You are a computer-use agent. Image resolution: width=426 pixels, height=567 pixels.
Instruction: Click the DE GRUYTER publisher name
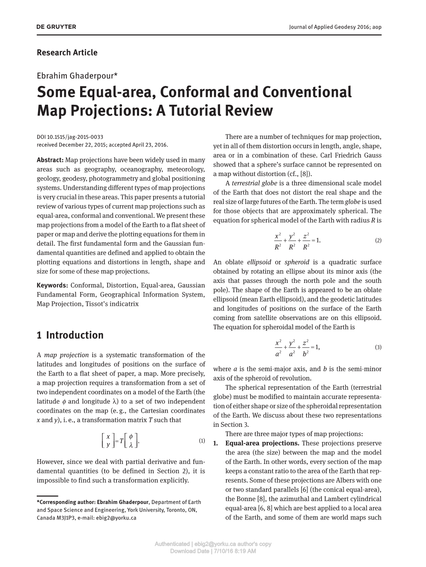pos(56,27)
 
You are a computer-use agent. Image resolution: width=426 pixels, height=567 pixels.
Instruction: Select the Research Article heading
pos(67,53)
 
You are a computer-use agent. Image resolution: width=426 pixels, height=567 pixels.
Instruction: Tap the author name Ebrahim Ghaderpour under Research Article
pos(78,76)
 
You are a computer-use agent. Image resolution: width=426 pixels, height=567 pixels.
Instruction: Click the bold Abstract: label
pos(50,160)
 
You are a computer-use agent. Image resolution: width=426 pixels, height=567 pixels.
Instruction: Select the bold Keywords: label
pos(52,285)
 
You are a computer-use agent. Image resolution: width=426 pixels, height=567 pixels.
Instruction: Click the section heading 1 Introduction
pos(70,335)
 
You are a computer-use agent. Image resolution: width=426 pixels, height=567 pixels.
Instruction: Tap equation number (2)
pos(378,240)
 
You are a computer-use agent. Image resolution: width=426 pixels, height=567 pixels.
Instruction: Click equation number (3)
pos(378,347)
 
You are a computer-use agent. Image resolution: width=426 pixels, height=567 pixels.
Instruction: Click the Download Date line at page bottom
pos(213,551)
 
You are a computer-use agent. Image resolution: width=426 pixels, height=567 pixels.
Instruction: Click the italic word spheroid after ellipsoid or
pos(297,262)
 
